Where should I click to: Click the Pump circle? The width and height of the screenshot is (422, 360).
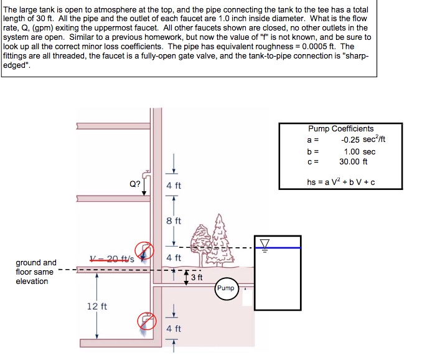[x=227, y=289]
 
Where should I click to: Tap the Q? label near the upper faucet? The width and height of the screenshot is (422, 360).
[x=135, y=184]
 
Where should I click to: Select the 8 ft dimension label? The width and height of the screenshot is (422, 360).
[x=174, y=220]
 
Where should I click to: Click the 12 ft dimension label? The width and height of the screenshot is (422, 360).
[x=97, y=306]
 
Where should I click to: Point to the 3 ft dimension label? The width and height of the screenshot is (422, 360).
[x=197, y=277]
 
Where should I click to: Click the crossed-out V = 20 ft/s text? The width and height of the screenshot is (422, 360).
[x=112, y=259]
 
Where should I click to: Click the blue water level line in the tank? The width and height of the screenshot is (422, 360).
[x=278, y=248]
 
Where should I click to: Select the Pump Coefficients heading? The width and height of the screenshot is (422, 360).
[x=340, y=129]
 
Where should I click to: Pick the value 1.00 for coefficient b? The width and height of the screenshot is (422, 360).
[x=352, y=151]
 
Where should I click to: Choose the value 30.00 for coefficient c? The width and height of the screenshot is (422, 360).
[x=349, y=161]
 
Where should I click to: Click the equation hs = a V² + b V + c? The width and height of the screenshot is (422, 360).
[x=340, y=182]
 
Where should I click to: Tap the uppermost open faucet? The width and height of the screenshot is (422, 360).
[x=146, y=174]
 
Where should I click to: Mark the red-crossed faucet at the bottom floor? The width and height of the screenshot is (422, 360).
[x=147, y=321]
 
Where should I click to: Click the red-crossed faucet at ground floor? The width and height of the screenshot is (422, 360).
[x=144, y=250]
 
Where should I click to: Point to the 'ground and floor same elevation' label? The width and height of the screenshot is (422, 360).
[x=36, y=272]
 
